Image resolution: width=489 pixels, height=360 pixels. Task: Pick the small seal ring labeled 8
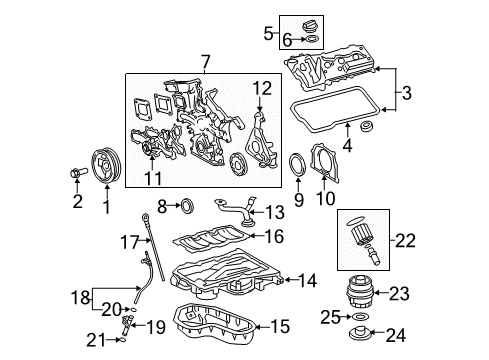tap(184, 208)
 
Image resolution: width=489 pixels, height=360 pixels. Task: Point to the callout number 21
tap(94, 339)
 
